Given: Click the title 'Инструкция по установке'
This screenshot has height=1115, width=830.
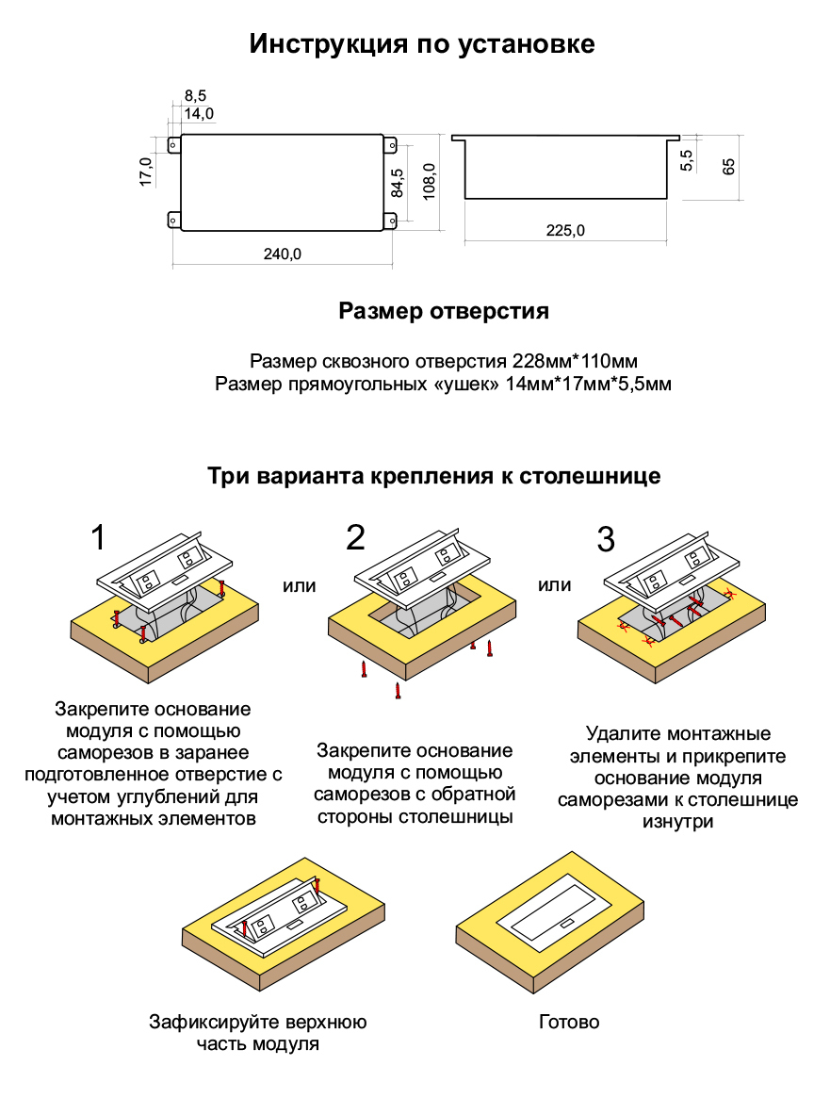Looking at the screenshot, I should (x=421, y=43).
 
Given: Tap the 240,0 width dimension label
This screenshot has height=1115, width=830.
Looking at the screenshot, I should (x=283, y=254).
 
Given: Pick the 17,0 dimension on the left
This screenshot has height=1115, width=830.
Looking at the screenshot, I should (x=146, y=172).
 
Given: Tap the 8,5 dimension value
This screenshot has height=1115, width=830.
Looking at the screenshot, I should (x=195, y=95).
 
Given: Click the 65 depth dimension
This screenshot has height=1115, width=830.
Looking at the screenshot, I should (x=728, y=167).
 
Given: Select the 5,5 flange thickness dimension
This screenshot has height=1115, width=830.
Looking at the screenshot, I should (x=686, y=159).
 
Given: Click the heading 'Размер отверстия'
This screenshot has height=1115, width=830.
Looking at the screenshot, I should (x=443, y=311).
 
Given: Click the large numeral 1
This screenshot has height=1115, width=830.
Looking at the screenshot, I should (x=99, y=538).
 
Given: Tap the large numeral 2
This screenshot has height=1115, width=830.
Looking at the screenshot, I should (x=355, y=537).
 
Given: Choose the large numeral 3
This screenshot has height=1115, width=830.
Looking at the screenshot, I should (x=606, y=539).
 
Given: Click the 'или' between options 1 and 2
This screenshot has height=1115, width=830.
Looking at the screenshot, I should (x=300, y=585).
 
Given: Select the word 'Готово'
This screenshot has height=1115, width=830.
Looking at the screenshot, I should (x=569, y=1022).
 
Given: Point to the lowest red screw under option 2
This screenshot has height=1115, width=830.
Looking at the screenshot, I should (x=399, y=692).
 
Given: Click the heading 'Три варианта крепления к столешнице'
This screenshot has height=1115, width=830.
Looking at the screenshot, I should (x=433, y=476).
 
